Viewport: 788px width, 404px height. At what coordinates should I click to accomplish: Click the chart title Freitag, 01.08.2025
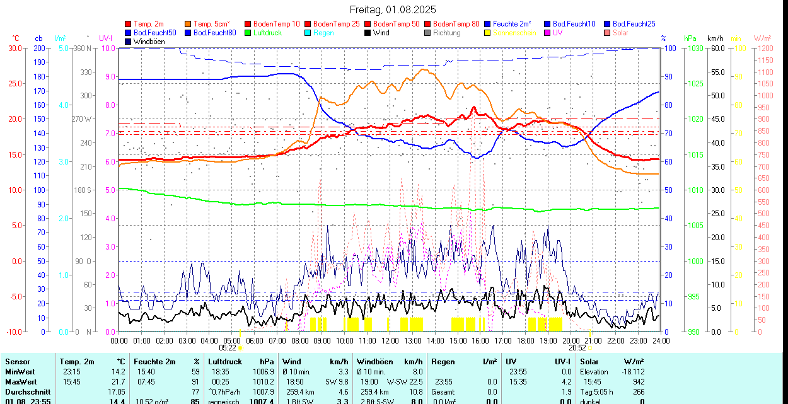point(393,10)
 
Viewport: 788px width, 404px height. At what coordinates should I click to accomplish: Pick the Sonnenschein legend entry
point(514,33)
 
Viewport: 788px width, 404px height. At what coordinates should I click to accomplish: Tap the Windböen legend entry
point(148,42)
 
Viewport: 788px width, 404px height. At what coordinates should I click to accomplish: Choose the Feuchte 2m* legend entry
point(512,24)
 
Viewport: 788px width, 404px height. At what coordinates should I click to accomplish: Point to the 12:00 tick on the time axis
point(390,340)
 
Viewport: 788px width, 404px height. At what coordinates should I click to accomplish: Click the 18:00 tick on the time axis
point(525,340)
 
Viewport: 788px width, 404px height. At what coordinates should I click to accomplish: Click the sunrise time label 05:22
point(228,347)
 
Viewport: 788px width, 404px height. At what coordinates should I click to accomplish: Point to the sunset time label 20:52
point(577,347)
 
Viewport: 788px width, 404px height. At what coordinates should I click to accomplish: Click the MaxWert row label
point(21,382)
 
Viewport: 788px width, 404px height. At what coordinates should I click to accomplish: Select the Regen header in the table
point(443,362)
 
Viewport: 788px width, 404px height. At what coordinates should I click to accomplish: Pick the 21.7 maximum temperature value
point(119,382)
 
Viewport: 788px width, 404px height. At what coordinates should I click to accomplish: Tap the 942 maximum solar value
point(638,382)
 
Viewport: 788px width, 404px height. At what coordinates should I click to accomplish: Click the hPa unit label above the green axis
point(690,38)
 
